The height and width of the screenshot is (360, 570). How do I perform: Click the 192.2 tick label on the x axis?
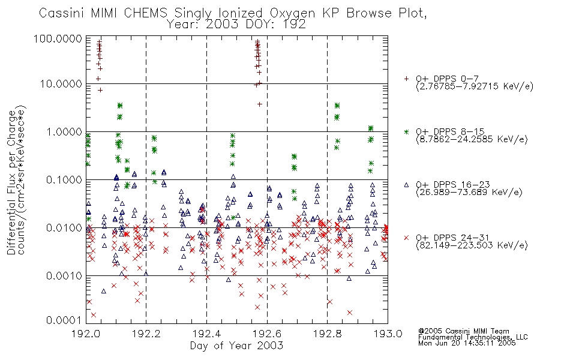(146, 334)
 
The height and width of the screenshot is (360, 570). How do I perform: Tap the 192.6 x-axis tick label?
(267, 334)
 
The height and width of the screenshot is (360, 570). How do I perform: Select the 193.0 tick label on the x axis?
(388, 334)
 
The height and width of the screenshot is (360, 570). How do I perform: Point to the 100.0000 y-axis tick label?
(58, 38)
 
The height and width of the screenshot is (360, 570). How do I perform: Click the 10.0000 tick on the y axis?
(61, 84)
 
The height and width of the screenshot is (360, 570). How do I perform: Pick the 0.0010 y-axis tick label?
(64, 276)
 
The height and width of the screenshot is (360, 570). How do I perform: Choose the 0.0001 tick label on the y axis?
(64, 320)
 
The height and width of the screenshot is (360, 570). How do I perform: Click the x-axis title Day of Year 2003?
(236, 346)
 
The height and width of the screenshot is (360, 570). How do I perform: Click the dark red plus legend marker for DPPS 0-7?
(406, 79)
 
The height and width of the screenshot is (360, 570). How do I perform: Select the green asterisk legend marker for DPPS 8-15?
(406, 131)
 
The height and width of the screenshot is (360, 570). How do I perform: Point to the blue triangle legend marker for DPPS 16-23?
(406, 185)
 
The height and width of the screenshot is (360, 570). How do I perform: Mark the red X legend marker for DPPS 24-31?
(406, 238)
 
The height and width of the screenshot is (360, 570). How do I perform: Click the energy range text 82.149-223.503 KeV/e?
(472, 245)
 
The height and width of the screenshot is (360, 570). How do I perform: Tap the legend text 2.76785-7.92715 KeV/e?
(475, 86)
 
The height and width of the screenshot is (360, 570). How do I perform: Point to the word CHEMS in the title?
(145, 13)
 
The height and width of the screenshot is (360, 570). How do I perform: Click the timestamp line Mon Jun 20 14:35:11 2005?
(467, 343)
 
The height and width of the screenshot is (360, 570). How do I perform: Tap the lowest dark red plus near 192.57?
(260, 104)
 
